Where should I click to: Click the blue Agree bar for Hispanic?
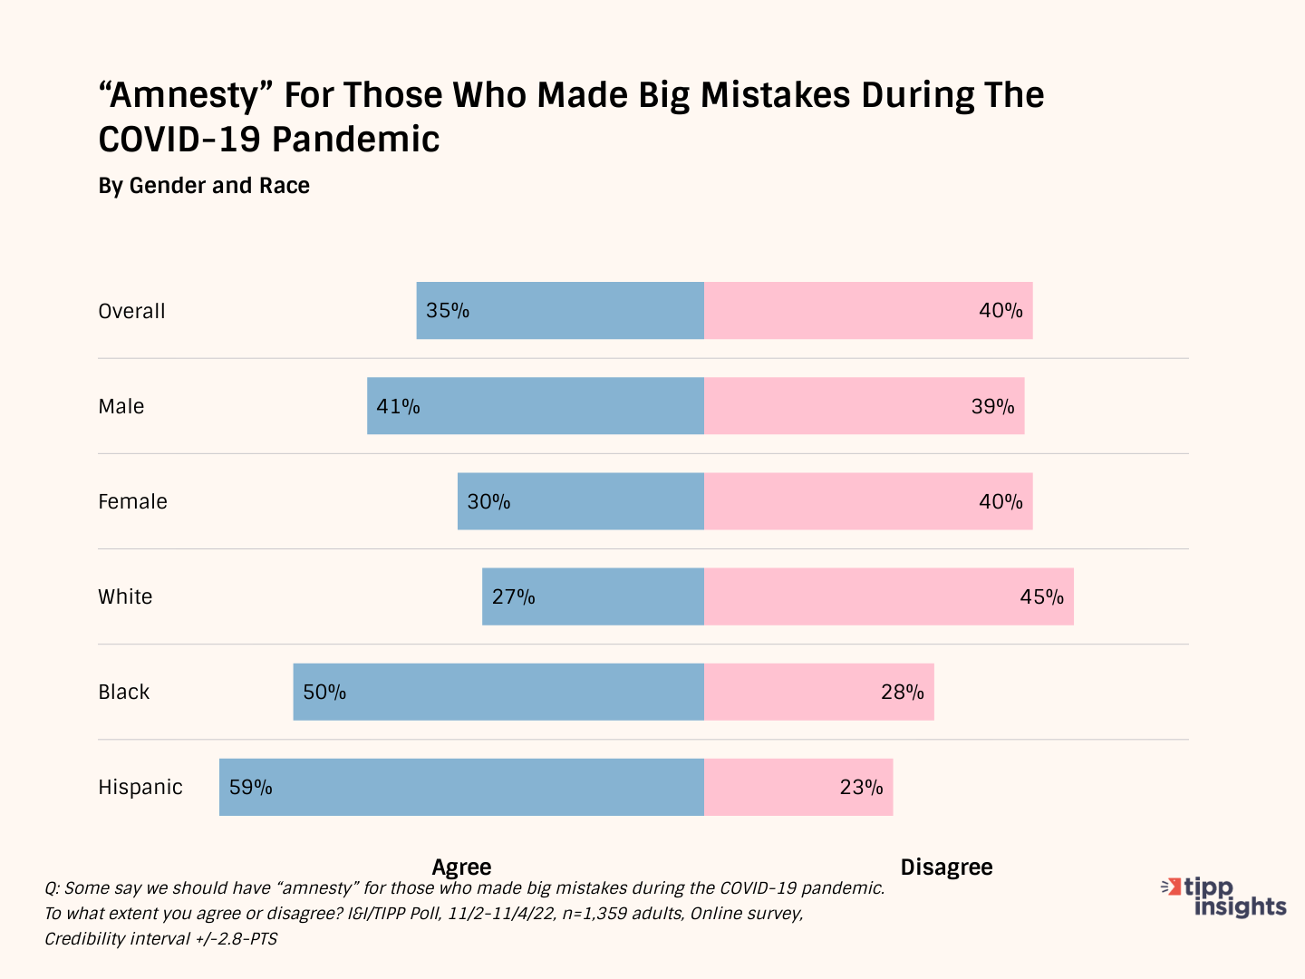(x=462, y=787)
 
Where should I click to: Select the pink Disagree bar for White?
(x=888, y=596)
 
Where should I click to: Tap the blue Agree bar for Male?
(x=536, y=406)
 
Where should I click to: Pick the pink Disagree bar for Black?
(x=819, y=692)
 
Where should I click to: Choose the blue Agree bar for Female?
(x=581, y=501)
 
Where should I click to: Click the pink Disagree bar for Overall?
(x=868, y=311)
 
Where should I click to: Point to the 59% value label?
(x=251, y=787)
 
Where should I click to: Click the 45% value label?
(x=1041, y=596)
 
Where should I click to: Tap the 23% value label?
(x=861, y=787)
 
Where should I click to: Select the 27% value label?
(x=514, y=596)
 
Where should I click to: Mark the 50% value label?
(x=324, y=692)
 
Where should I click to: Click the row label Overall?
(x=132, y=311)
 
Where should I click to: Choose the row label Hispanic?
(x=140, y=787)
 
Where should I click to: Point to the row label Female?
(x=133, y=501)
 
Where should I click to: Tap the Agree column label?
(x=461, y=867)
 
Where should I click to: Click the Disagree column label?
(x=946, y=867)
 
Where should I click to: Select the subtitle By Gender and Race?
(x=204, y=186)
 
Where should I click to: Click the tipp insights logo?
(x=1225, y=897)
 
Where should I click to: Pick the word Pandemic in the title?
(x=355, y=140)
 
